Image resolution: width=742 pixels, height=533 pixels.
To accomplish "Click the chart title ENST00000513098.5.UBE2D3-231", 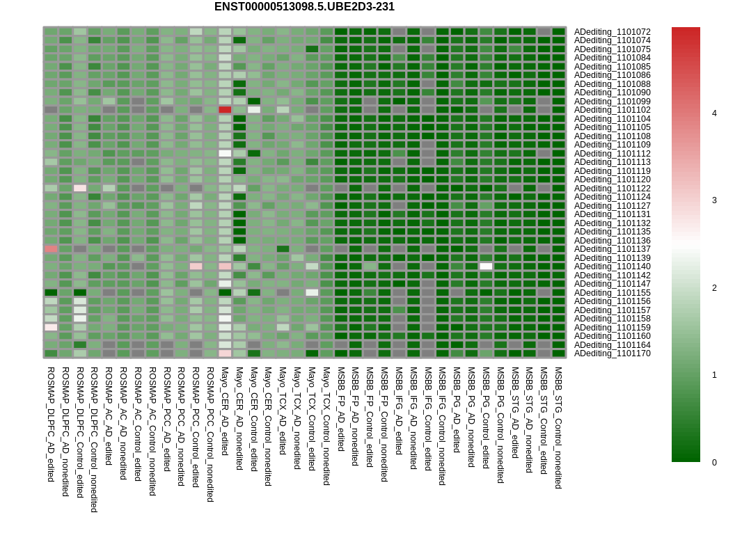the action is (x=304, y=7).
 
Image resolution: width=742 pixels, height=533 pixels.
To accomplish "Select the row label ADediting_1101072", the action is (x=613, y=32).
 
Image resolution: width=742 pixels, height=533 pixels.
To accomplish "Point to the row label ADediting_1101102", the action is (x=613, y=110).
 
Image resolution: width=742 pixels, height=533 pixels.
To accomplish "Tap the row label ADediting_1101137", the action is (x=613, y=249).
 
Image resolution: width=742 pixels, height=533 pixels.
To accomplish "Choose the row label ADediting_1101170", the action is (x=613, y=353).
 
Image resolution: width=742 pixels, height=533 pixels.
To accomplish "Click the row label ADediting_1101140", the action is (x=613, y=266).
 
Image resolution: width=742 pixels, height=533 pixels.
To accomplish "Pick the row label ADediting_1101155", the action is (x=613, y=293).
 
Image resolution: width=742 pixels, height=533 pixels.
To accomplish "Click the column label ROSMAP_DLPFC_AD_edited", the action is (x=51, y=424).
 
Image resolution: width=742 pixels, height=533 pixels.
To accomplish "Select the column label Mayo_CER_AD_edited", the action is (x=225, y=411).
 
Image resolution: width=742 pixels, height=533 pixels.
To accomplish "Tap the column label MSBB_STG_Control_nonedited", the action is (x=558, y=427).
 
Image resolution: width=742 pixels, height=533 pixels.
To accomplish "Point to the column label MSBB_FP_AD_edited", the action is (x=340, y=408).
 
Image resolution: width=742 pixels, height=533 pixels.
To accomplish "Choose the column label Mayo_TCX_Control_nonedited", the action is (x=326, y=426).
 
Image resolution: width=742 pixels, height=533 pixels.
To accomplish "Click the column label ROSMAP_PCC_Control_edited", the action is (x=196, y=427).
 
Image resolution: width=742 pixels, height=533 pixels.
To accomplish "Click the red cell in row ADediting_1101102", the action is (x=225, y=110).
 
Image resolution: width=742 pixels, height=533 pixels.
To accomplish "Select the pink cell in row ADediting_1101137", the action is (x=51, y=249).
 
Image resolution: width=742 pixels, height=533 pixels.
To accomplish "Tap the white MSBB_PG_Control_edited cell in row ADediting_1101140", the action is (x=486, y=266).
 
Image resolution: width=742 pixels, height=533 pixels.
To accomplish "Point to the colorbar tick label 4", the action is (x=715, y=113).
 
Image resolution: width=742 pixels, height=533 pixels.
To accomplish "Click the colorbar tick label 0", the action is (x=715, y=463).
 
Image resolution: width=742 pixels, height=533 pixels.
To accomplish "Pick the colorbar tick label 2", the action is (x=715, y=288).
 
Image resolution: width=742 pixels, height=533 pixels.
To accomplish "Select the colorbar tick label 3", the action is (x=715, y=200).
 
